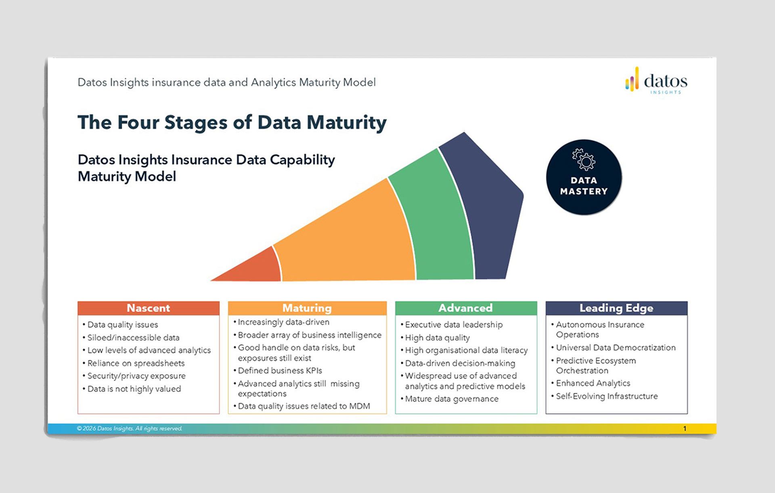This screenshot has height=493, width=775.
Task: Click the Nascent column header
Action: point(148,308)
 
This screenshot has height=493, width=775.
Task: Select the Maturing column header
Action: point(307,308)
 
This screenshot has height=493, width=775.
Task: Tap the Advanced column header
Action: point(465,308)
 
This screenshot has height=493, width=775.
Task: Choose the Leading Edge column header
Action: point(616,308)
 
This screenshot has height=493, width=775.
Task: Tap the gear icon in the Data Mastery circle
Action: point(584,159)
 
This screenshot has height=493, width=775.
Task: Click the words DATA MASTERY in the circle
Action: point(584,186)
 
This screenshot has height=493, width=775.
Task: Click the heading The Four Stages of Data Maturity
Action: point(232,122)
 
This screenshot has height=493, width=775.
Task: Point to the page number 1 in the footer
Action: point(685,428)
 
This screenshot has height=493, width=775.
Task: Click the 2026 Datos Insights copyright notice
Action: point(130,428)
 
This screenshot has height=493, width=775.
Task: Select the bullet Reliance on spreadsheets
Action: point(136,363)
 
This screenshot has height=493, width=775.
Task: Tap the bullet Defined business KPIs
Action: point(280,370)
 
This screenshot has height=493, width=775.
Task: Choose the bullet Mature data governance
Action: point(452,399)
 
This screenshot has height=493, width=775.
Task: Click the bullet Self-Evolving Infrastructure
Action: point(607,396)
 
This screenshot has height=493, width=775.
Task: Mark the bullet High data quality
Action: point(437,338)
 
